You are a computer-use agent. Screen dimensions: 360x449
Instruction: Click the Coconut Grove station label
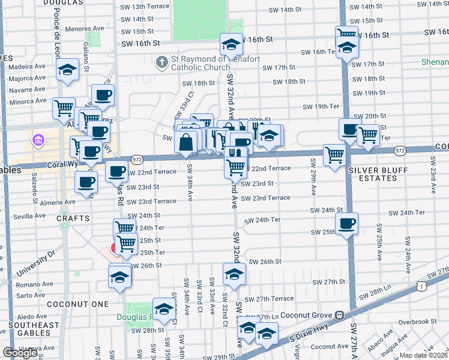tap(305, 315)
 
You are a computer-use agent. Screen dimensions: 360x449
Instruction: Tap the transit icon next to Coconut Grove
tap(339, 315)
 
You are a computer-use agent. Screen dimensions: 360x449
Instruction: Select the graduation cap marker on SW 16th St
tap(231, 44)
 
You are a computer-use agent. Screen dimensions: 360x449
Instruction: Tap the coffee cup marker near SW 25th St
tap(346, 224)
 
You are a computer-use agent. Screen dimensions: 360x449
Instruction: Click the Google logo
tap(20, 353)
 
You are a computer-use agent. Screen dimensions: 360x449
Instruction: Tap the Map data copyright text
tap(423, 355)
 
